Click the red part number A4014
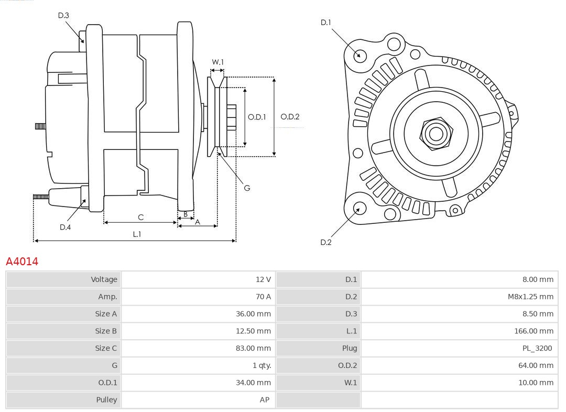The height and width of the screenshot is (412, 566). pos(22,261)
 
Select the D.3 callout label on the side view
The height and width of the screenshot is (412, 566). pos(63,16)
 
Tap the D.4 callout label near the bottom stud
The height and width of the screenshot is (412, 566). pos(65,227)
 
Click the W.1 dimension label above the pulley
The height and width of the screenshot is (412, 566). pos(217,62)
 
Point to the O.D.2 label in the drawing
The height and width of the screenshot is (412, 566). pos(290,117)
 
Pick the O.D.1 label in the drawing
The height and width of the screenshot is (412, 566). pos(257,117)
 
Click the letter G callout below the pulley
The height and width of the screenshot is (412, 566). pos(247,187)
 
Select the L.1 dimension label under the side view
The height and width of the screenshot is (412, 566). pos(136,234)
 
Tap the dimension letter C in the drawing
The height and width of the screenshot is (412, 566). pos(140,217)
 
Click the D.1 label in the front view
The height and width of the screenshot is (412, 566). pos(325,23)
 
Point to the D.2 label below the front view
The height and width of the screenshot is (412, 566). pos(325,242)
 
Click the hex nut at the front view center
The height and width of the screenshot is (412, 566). pos(436,134)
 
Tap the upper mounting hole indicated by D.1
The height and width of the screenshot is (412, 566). pos(360,55)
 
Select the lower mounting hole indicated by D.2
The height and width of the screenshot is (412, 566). pos(360,208)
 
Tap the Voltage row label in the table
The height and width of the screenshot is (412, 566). pos(63,279)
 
